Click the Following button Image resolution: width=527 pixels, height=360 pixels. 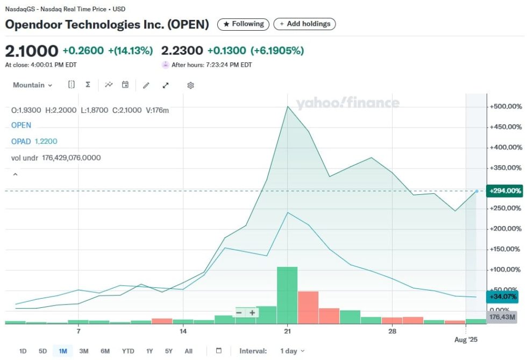[244, 24]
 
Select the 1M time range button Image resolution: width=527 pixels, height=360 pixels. [63, 351]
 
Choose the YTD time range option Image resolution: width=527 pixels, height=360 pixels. [128, 351]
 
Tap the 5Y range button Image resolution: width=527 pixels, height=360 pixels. [169, 351]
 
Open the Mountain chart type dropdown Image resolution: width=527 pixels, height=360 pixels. [33, 85]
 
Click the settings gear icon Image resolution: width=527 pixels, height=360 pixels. [190, 85]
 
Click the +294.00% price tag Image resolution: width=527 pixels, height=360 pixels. [505, 190]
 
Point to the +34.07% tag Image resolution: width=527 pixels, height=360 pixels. [505, 296]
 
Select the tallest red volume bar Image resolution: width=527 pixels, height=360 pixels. [308, 307]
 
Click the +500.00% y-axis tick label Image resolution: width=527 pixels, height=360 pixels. [505, 107]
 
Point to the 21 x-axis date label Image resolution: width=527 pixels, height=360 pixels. [288, 331]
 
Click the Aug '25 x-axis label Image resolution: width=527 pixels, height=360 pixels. [466, 340]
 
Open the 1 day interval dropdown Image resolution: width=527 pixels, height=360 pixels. [292, 351]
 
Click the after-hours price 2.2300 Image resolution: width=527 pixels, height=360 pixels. [182, 51]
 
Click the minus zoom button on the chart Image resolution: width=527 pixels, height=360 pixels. [239, 313]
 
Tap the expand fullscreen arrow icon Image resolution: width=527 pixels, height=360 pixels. [166, 85]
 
